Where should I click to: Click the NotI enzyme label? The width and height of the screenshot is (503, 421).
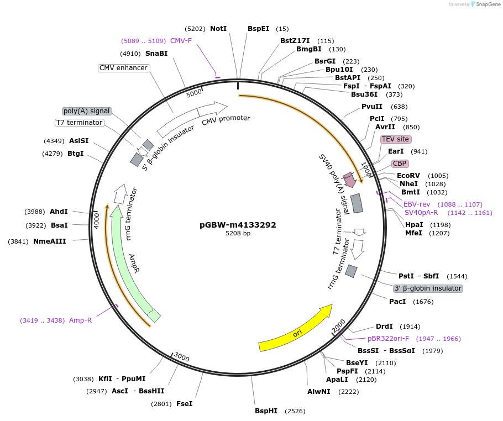tap(218, 29)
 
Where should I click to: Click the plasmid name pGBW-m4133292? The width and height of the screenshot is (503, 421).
tap(238, 225)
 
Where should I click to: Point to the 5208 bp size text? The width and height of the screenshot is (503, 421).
tap(238, 234)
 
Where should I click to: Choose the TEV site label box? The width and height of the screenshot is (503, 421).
tap(395, 139)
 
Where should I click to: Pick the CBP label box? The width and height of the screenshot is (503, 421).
tap(399, 164)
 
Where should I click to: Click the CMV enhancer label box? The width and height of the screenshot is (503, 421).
tap(123, 68)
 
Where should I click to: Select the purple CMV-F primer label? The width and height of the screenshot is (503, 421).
tap(181, 41)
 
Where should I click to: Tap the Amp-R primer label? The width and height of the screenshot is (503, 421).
tap(80, 320)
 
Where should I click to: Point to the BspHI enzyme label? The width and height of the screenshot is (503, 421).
tap(266, 411)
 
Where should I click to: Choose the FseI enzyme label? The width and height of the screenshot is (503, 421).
tap(184, 404)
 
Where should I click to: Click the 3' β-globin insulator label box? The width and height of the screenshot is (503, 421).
tap(427, 288)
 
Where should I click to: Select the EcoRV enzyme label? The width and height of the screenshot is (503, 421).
tap(408, 176)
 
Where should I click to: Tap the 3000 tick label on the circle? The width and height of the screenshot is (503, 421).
tap(182, 358)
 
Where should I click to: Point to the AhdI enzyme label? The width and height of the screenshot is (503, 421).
tap(59, 212)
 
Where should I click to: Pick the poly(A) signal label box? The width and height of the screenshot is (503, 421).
tap(87, 111)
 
